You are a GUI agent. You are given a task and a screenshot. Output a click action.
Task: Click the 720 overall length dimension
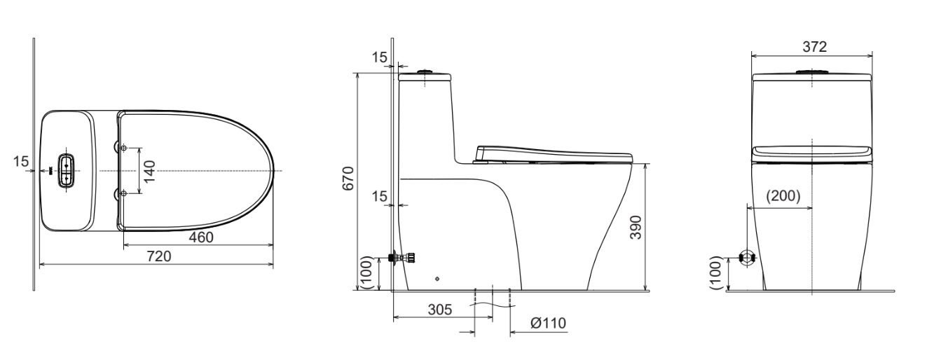pos(158,257)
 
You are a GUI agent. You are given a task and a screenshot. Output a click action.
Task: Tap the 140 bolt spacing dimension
pos(149,170)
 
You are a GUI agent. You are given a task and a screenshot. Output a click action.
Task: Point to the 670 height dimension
pos(348,178)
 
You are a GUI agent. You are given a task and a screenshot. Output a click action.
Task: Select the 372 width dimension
pos(813,46)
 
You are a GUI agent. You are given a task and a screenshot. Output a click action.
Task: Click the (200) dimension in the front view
pos(781,196)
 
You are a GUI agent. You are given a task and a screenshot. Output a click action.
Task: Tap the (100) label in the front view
pos(714,272)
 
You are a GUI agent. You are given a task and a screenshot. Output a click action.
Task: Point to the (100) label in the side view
pos(366,272)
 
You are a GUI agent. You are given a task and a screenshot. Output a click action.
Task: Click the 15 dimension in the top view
pos(22,162)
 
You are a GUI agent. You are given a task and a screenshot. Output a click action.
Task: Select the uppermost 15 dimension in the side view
pos(379,57)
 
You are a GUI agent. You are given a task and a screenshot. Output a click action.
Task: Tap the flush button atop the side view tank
pos(425,71)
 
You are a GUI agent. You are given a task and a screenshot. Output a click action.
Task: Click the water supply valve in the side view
pos(402,258)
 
